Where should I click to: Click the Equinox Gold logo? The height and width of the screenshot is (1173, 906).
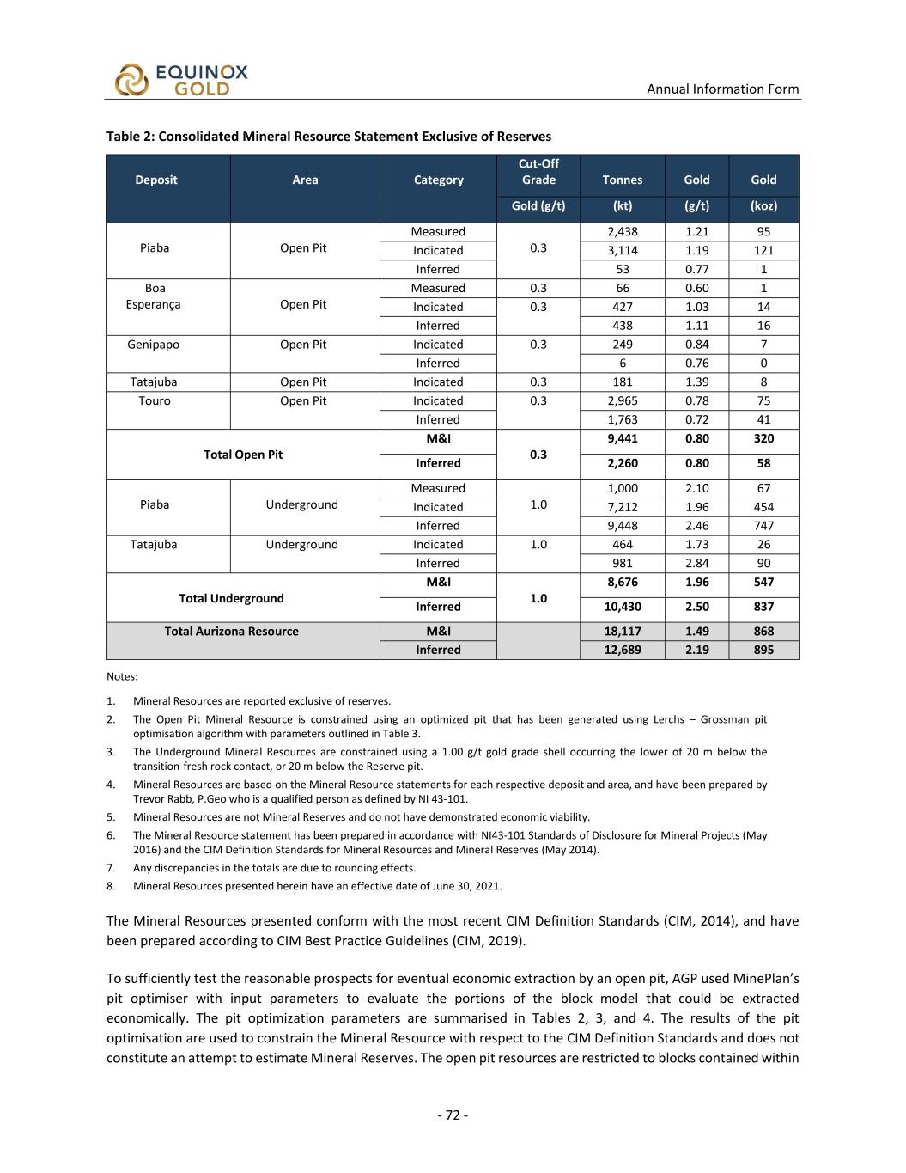point(181,80)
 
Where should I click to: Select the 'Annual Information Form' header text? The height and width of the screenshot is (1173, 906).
point(722,89)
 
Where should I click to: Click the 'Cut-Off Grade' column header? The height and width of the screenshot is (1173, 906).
point(538,171)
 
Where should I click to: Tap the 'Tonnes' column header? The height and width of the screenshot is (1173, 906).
point(622,180)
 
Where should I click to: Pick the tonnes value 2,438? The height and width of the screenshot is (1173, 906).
point(622,231)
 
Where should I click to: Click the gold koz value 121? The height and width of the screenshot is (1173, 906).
point(763,250)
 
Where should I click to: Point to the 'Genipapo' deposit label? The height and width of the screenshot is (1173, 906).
point(155,345)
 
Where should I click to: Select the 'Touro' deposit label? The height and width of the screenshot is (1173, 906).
point(155,400)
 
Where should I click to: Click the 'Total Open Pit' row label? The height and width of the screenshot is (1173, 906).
point(243,455)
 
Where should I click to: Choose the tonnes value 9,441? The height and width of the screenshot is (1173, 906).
point(622,438)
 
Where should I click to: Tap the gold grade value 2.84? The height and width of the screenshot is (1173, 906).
point(696,563)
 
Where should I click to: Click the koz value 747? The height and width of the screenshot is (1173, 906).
point(763,525)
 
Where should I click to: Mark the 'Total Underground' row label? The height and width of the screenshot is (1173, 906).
point(231,598)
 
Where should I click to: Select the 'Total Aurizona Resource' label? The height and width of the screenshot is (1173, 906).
point(232,631)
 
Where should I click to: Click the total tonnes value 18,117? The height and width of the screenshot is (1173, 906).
point(622,631)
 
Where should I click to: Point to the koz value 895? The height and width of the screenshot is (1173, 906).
point(763,650)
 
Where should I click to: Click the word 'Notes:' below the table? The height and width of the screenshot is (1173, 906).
point(122,676)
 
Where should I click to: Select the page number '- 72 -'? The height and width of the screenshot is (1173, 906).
point(453,1115)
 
